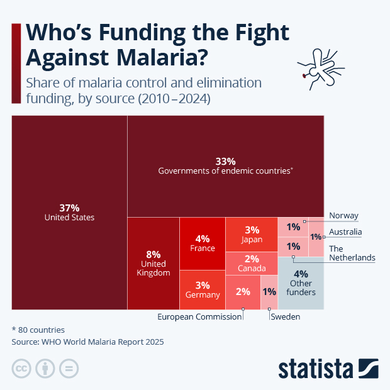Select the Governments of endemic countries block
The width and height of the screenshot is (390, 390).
[x=225, y=165]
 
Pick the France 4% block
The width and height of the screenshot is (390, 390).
[x=202, y=243]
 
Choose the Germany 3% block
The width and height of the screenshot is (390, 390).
[x=202, y=290]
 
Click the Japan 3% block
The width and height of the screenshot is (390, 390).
[x=252, y=234]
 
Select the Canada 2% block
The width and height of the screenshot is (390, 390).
[x=252, y=264]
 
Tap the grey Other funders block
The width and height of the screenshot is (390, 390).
[x=301, y=283]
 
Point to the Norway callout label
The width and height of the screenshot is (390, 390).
[x=343, y=215]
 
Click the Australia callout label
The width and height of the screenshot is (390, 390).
[x=345, y=232]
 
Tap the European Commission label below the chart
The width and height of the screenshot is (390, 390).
[x=199, y=317]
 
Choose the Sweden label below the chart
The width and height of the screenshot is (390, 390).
[x=286, y=317]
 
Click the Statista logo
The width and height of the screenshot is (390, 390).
[x=328, y=368]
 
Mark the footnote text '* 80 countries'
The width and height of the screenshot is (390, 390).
[x=38, y=330]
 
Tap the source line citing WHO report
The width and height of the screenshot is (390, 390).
[x=87, y=342]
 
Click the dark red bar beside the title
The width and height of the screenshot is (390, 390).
[x=16, y=63]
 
